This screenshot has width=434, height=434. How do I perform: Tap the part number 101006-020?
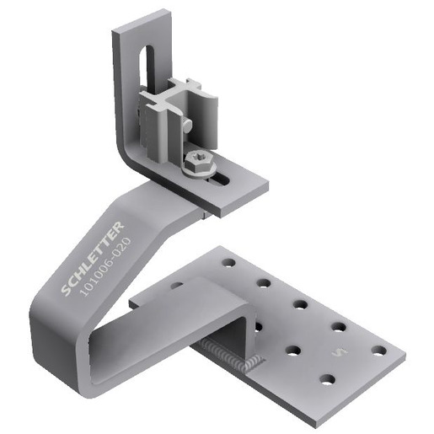(x=104, y=266)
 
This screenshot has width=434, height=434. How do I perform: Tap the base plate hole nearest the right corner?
(x=378, y=350)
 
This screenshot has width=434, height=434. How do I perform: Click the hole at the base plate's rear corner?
(x=228, y=263)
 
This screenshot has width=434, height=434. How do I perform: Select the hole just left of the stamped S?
(x=293, y=349)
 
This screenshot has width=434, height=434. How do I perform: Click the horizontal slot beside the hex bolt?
(x=221, y=179)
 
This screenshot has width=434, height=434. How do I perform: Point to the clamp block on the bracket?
(x=177, y=114)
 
